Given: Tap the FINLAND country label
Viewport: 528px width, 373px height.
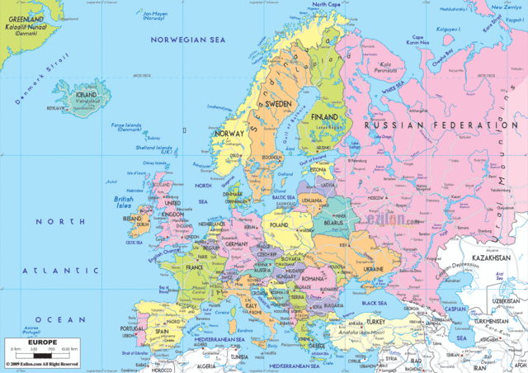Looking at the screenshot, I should (324, 117).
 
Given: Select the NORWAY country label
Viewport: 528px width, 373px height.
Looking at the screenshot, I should (229, 133).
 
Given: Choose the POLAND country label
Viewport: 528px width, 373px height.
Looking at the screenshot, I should (278, 224).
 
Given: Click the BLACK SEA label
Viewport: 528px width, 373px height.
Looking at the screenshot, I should (380, 303).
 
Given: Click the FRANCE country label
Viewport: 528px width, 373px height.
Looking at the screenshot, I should (195, 268).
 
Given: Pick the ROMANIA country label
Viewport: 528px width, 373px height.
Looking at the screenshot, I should (313, 279).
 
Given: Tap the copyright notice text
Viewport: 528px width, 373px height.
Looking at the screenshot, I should (42, 364).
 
